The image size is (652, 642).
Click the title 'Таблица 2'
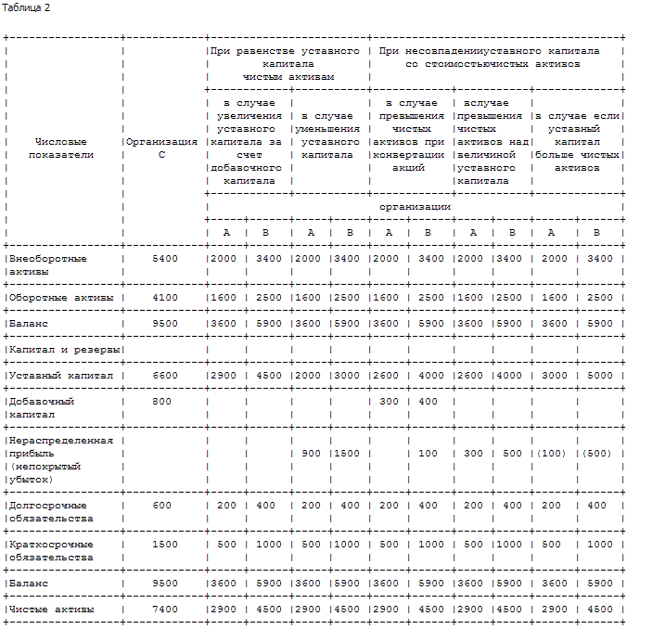coord(27,7)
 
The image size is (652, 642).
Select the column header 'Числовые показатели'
coord(61,148)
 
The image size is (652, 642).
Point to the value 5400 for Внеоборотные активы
coord(164,258)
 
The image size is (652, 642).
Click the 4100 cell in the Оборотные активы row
coord(164,297)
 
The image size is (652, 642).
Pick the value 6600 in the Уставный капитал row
coord(164,375)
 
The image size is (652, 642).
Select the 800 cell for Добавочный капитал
coord(164,401)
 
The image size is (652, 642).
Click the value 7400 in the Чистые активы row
coord(164,609)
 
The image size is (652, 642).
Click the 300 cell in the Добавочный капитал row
coord(388,401)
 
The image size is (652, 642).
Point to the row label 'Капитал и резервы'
coord(63,349)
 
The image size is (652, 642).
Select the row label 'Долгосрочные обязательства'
coord(50,511)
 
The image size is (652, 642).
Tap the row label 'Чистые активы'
coord(50,609)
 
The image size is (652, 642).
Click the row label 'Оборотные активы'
coord(60,297)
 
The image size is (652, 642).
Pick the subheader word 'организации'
coord(415,206)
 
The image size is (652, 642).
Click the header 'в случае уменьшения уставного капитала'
coord(329,135)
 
